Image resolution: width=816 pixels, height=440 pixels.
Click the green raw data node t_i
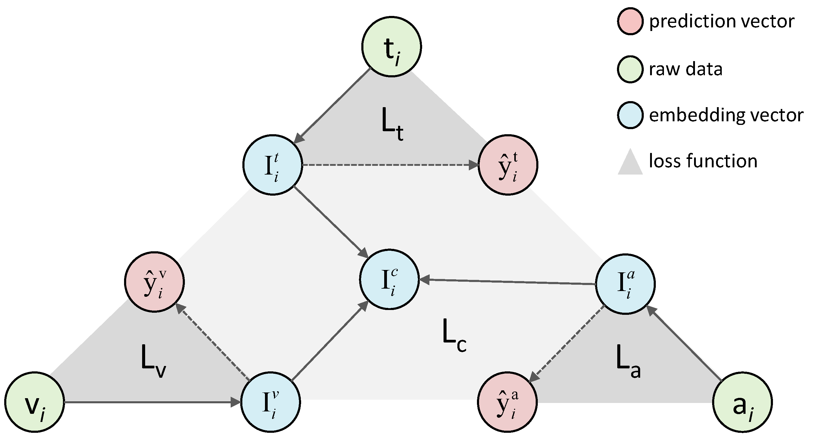pyautogui.click(x=391, y=47)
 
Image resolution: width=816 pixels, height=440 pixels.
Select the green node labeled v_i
pyautogui.click(x=35, y=402)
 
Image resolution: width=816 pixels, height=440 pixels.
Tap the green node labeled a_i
pyautogui.click(x=742, y=402)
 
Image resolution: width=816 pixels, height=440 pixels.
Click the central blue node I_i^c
pyautogui.click(x=389, y=280)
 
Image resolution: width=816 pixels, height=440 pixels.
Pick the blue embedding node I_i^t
pyautogui.click(x=273, y=165)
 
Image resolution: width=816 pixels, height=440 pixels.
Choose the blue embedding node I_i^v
pyautogui.click(x=270, y=402)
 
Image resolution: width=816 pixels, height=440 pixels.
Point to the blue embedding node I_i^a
pyautogui.click(x=625, y=284)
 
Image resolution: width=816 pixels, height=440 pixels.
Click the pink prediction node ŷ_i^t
pyautogui.click(x=508, y=165)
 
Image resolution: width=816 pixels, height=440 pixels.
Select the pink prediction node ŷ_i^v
pyautogui.click(x=154, y=282)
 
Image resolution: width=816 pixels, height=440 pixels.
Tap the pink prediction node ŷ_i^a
pyautogui.click(x=507, y=402)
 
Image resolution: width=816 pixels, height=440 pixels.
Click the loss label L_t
pyautogui.click(x=392, y=124)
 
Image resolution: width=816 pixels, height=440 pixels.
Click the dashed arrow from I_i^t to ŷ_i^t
pyautogui.click(x=390, y=165)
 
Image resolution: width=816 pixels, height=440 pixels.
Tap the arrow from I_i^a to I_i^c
pyautogui.click(x=507, y=282)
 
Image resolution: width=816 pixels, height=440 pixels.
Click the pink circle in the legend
pyautogui.click(x=630, y=21)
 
